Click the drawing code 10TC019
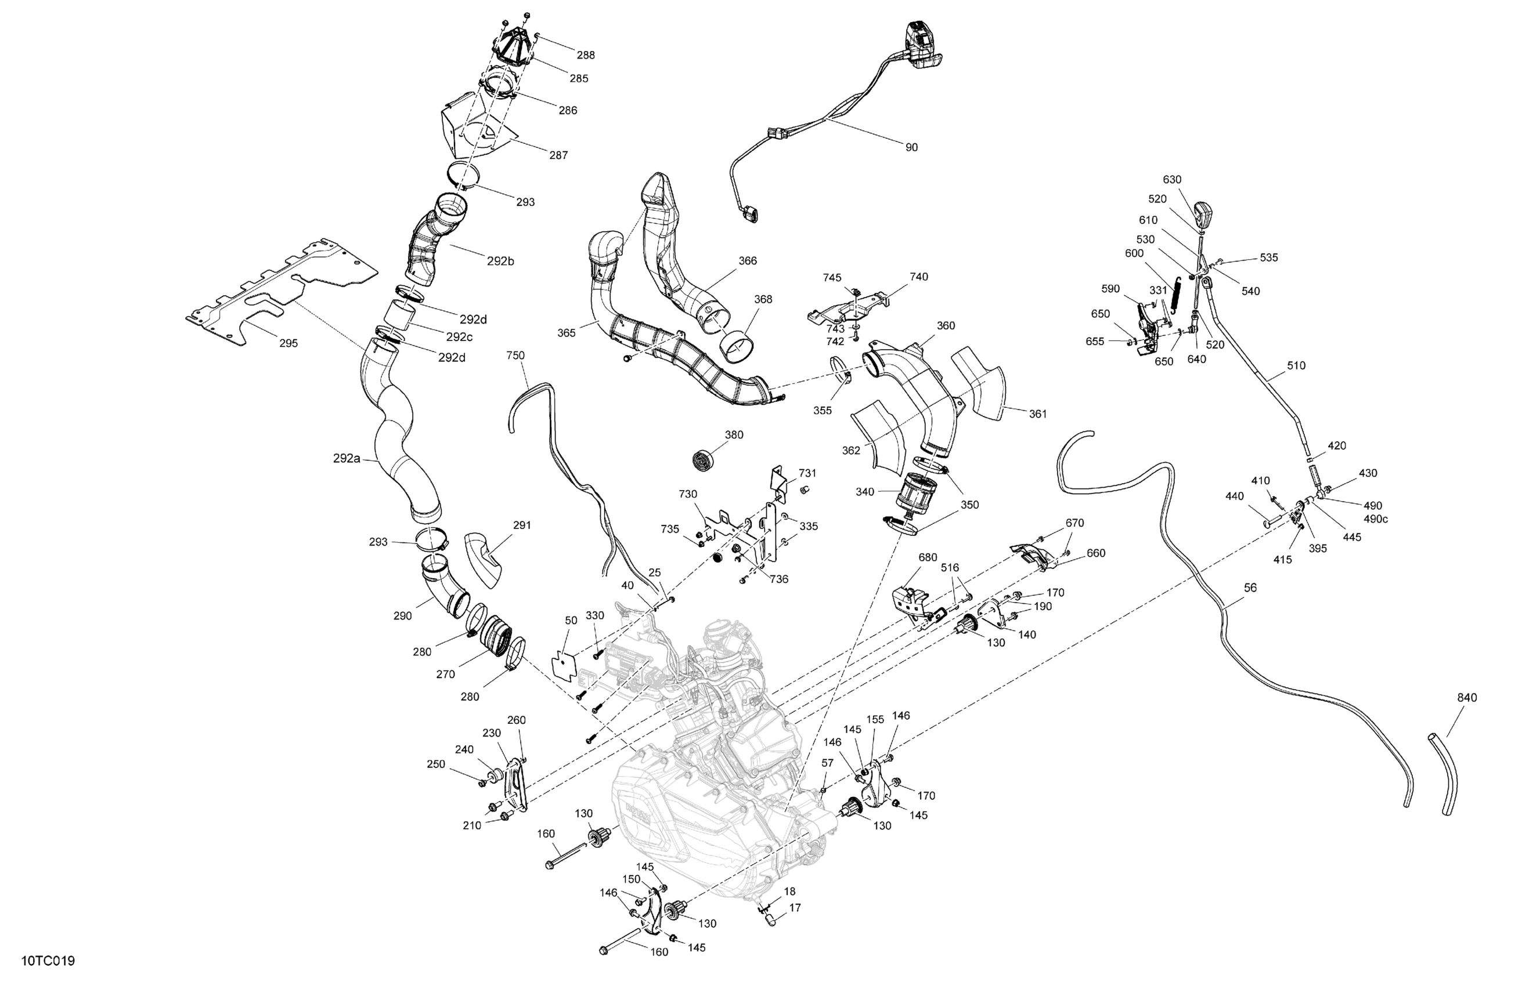tap(48, 961)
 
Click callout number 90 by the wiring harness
tap(911, 148)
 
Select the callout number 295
tap(288, 343)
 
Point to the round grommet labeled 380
tap(704, 460)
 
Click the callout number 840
tap(1467, 698)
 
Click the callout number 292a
tap(347, 458)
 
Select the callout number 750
tap(515, 356)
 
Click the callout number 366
tap(748, 261)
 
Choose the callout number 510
tap(1296, 365)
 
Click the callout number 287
tap(558, 155)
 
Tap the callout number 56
tap(1250, 588)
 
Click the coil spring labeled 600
tap(1174, 295)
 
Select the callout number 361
tap(1038, 414)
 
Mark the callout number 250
tap(435, 764)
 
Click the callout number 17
tap(795, 907)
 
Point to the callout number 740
tap(919, 277)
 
